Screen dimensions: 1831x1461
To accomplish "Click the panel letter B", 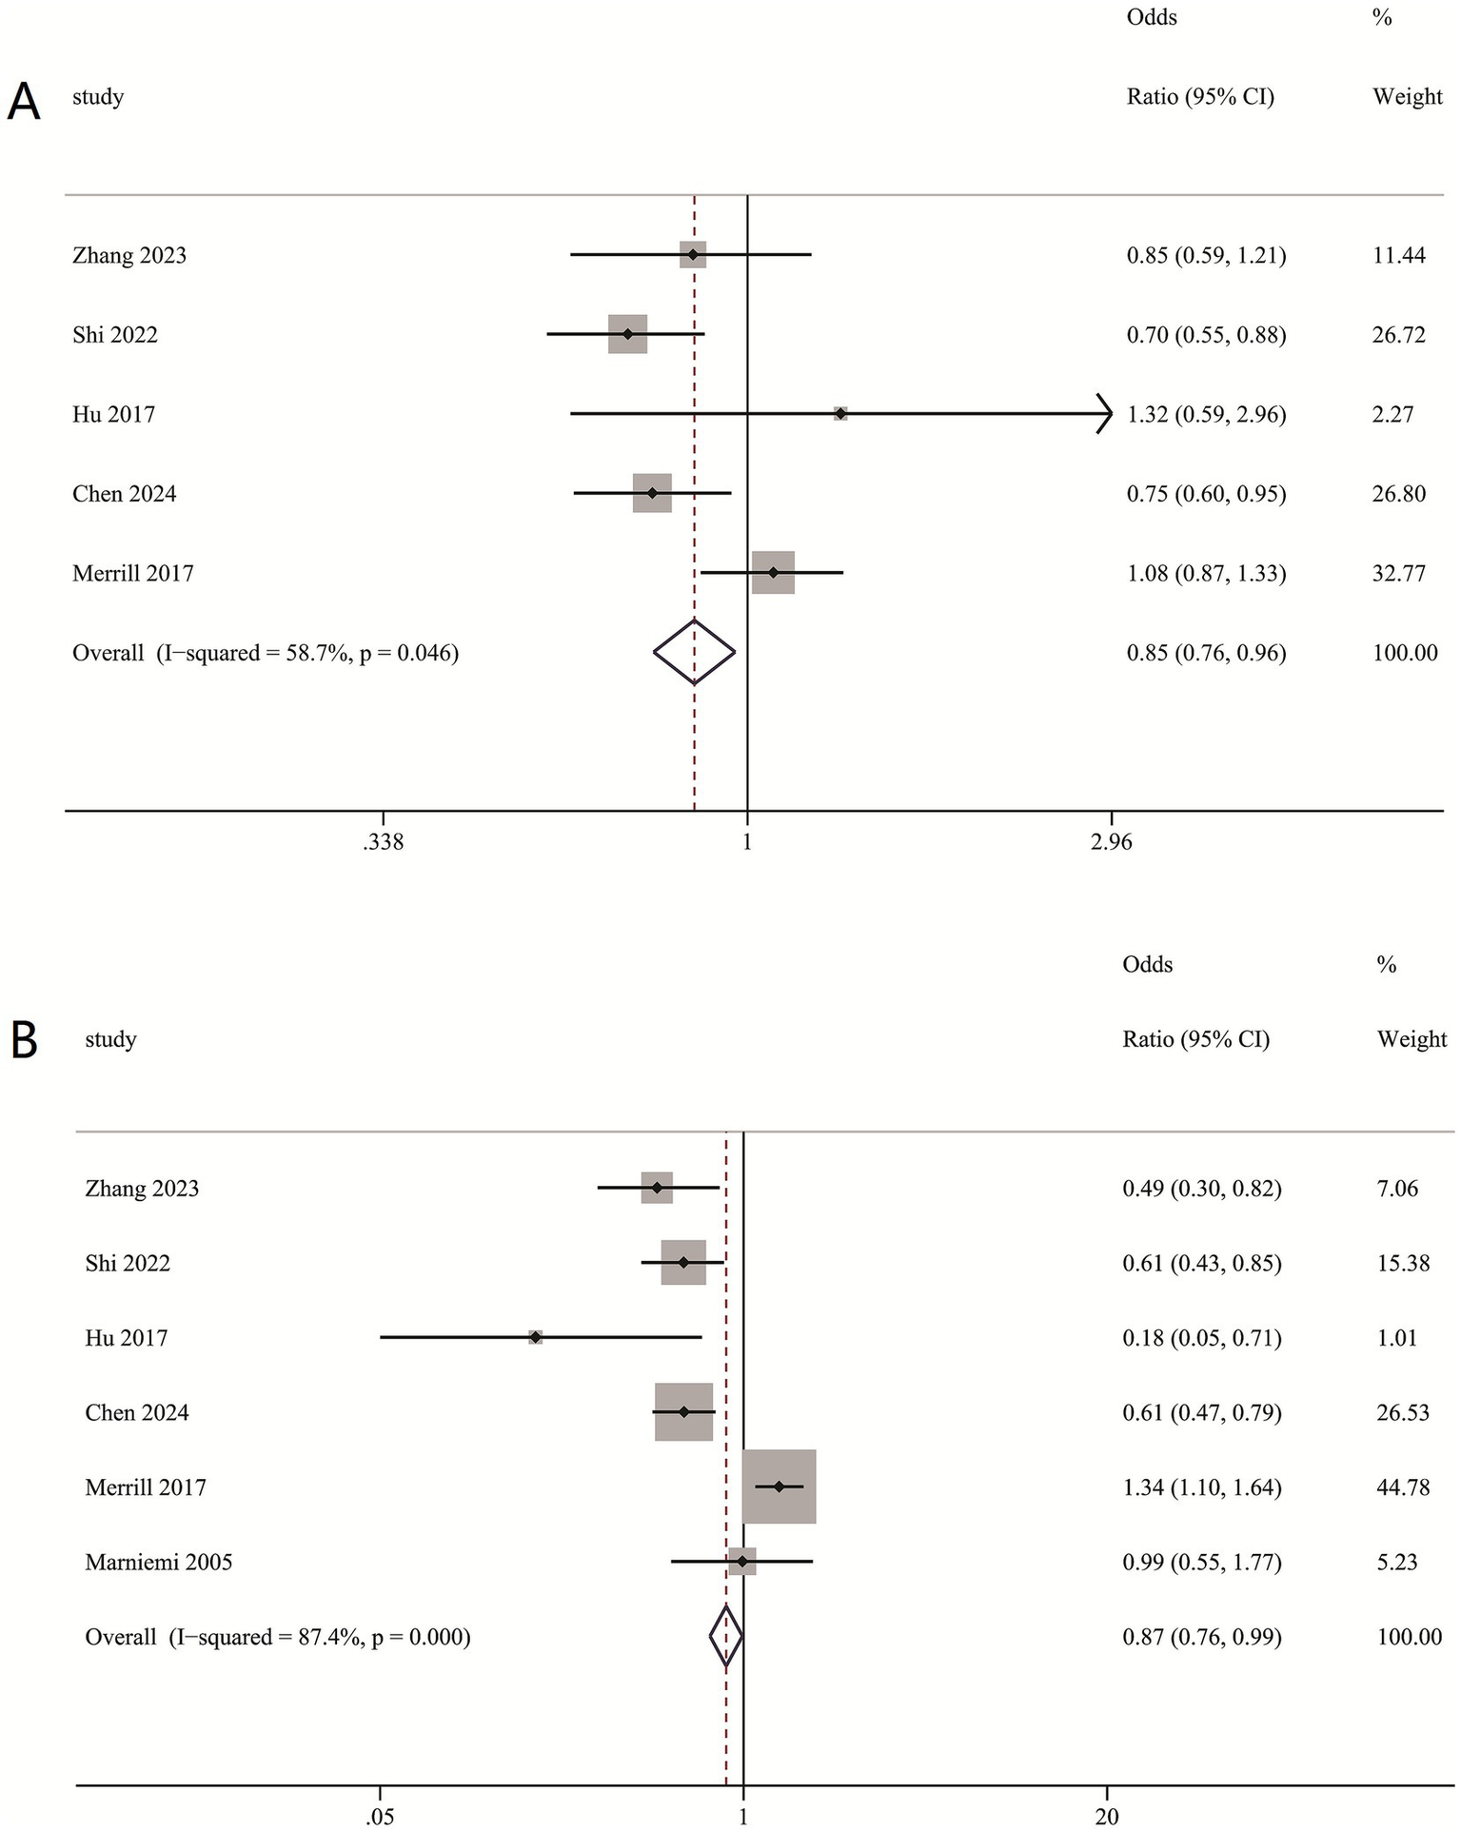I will tap(24, 1040).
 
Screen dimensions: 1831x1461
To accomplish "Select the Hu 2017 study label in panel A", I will tap(113, 415).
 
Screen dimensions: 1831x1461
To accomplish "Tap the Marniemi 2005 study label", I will tap(158, 1562).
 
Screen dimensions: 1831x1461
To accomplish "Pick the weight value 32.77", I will tap(1398, 574).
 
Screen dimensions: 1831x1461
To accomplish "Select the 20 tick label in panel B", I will tap(1107, 1817).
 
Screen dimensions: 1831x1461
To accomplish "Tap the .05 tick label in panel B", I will tap(379, 1817).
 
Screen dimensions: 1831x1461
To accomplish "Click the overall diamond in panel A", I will tap(694, 653).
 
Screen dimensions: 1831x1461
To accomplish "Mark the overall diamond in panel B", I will tap(726, 1637).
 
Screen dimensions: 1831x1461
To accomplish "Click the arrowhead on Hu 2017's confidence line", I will tap(1105, 414).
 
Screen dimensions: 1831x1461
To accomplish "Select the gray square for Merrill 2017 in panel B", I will tap(779, 1486).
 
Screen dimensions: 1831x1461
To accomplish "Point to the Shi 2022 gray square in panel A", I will tap(627, 334).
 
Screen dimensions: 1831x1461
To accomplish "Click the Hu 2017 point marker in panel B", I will tap(536, 1338).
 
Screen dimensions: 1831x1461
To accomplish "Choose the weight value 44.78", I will tap(1403, 1487).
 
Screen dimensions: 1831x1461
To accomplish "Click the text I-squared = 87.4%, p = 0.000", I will tap(320, 1637).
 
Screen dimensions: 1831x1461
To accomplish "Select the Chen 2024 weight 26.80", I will tap(1398, 494).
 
